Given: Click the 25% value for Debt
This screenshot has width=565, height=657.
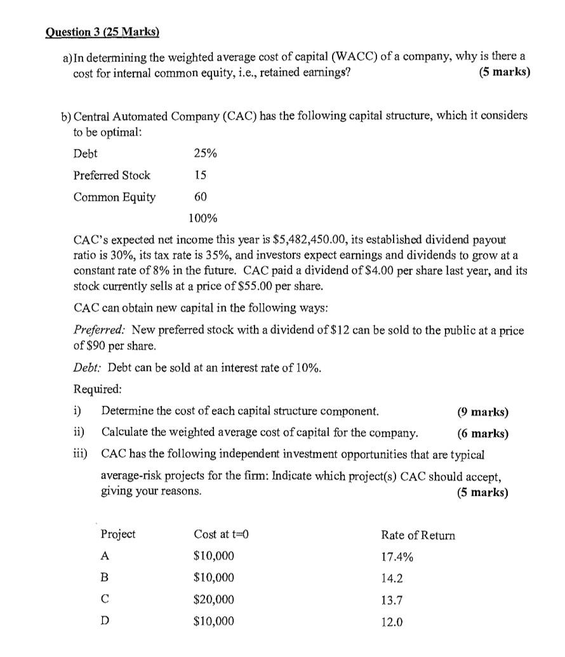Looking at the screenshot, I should coord(204,153).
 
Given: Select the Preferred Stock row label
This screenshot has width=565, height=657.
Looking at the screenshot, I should coord(112,175).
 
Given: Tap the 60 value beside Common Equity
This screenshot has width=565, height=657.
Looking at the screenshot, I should coord(201,197).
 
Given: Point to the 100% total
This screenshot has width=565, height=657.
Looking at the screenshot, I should coord(203,219).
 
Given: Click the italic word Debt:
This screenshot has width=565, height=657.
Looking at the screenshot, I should coord(88,368).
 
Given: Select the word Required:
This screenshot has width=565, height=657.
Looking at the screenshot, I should coord(98,389).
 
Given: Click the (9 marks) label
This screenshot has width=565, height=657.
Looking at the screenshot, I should coord(482,412).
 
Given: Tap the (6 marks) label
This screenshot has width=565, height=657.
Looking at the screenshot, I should coord(482,434).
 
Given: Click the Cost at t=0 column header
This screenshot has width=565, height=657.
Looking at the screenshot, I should coord(220,535).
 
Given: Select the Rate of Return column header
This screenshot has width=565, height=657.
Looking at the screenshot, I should coord(418,535).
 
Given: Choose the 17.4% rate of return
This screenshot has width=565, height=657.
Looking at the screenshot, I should coord(397,557).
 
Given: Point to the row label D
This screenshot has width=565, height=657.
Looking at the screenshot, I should coord(105,621).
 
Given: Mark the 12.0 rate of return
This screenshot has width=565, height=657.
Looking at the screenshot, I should coord(392,622).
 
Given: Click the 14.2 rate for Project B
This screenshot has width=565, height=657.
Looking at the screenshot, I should coord(392,578).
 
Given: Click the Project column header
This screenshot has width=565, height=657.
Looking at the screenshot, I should coord(118,535).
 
